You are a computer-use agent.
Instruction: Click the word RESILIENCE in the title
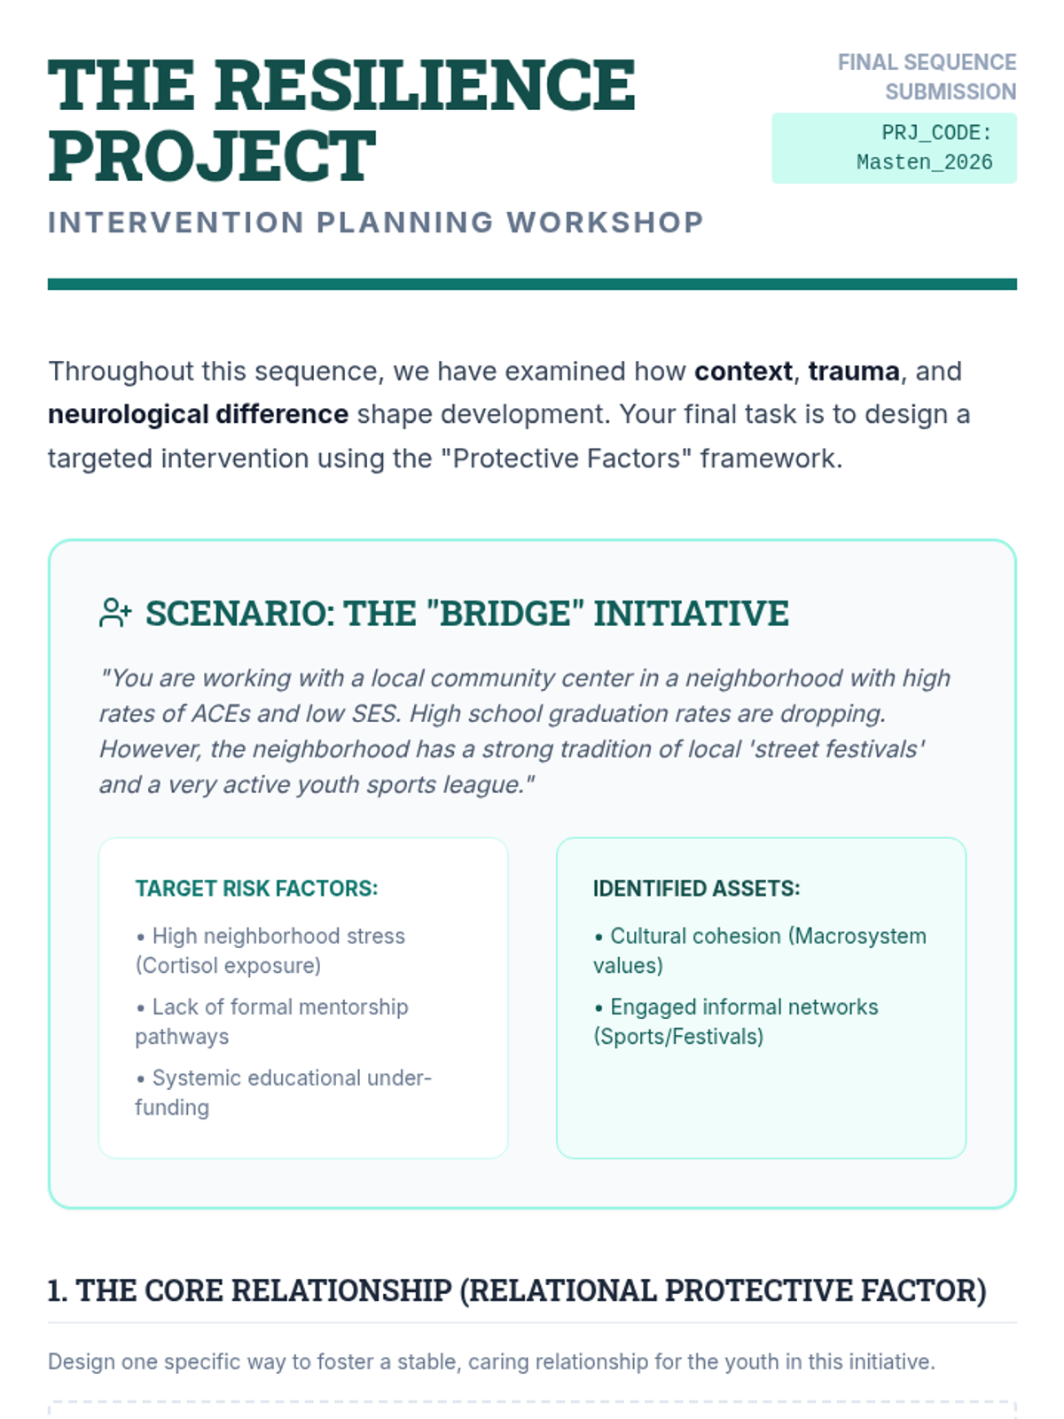[x=425, y=86]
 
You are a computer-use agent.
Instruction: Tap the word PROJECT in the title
[x=212, y=156]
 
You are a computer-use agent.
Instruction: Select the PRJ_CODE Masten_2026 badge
[x=894, y=148]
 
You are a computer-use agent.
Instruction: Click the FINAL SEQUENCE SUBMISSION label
[x=927, y=77]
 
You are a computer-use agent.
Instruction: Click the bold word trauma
[x=853, y=372]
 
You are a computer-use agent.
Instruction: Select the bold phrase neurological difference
[x=198, y=415]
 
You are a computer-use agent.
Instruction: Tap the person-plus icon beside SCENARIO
[x=115, y=613]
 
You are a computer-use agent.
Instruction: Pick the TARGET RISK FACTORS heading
[x=256, y=889]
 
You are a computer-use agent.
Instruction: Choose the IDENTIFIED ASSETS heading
[x=696, y=889]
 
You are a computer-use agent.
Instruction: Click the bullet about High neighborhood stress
[x=270, y=951]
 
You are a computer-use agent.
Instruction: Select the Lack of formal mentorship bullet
[x=271, y=1022]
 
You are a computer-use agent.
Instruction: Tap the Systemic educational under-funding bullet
[x=283, y=1093]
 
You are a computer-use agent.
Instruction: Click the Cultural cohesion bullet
[x=760, y=951]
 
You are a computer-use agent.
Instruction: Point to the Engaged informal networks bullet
[x=736, y=1022]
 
